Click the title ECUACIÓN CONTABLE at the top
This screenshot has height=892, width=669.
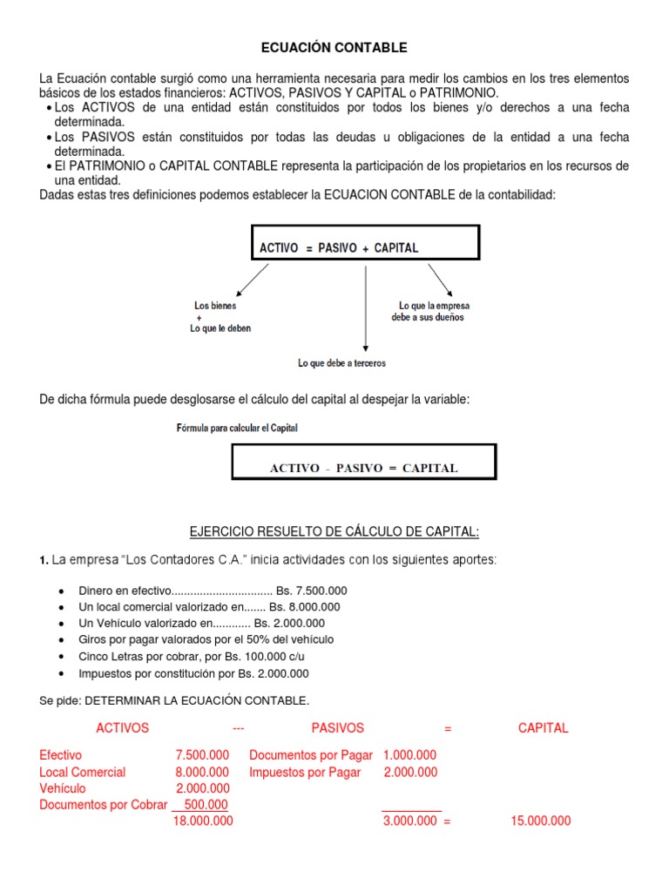[x=334, y=47]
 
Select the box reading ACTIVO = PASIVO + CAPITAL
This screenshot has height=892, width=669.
[x=365, y=242]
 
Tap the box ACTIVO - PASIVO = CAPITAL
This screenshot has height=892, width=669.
[x=363, y=462]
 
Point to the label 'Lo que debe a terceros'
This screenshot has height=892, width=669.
[x=341, y=363]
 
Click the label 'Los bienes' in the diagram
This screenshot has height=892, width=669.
[x=214, y=306]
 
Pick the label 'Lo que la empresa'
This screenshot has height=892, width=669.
[x=434, y=306]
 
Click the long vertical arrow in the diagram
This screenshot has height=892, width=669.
[x=365, y=309]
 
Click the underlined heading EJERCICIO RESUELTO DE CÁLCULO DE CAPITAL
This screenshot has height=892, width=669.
[x=334, y=532]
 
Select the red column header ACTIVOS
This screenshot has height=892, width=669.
[x=122, y=728]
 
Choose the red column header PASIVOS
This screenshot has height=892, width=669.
[x=337, y=728]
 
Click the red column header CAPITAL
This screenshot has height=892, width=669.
[x=543, y=728]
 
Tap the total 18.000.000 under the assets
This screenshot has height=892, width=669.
[x=203, y=821]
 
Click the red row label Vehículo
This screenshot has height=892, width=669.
[x=63, y=788]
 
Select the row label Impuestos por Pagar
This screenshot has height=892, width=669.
[x=305, y=772]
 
